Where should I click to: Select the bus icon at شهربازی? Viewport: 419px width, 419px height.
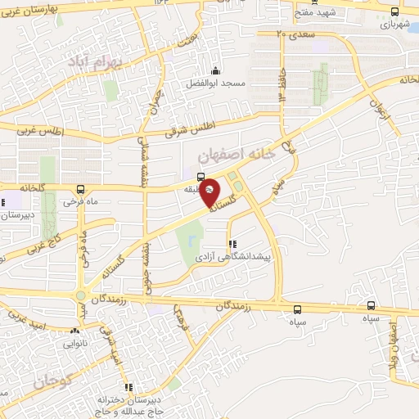tap(395, 11)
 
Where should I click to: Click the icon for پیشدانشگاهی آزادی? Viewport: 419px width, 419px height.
tap(232, 244)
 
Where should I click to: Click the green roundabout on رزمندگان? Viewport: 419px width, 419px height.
tap(81, 296)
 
